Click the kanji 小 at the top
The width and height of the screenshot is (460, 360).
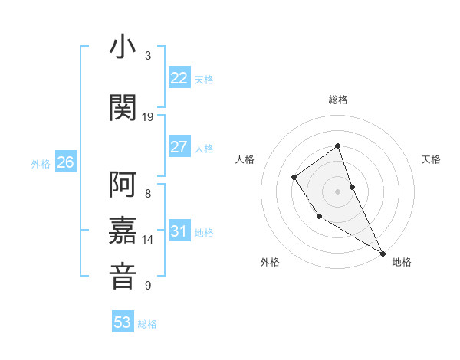click(123, 47)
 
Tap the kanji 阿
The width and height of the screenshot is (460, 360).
click(123, 185)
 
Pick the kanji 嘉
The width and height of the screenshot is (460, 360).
click(123, 230)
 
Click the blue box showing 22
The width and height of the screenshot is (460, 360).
click(179, 77)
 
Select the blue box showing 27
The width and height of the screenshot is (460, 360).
click(179, 146)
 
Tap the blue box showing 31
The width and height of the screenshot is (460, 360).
click(179, 231)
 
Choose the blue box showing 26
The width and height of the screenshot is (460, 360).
click(66, 162)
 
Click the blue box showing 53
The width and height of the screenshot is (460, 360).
click(123, 322)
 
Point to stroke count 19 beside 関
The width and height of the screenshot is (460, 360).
click(148, 116)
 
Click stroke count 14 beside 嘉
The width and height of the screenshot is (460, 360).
click(148, 240)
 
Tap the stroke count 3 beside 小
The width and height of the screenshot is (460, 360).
click(148, 56)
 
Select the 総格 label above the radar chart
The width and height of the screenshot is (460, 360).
click(337, 100)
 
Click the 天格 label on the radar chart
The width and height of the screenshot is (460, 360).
click(431, 159)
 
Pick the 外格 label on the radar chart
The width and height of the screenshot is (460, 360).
click(270, 262)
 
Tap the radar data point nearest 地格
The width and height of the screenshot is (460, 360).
click(383, 253)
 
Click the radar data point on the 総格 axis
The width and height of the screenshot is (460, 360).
click(337, 146)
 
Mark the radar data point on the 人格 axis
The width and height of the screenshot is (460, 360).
click(294, 178)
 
